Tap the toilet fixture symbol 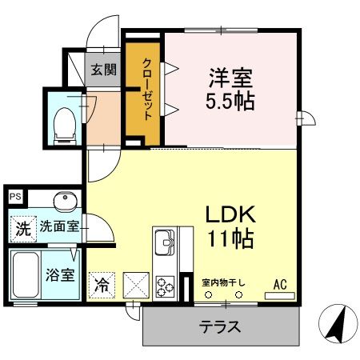coord(65,126)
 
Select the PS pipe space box coord(15,197)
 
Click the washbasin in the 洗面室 coord(66,202)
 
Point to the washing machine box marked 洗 coord(23,229)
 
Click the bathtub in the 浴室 coord(26,274)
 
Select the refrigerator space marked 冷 coord(102,285)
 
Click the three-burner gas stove coord(166,286)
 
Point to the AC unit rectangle coord(279,296)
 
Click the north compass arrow coord(337,324)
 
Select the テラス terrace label coord(220,326)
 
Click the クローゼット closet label coord(147,89)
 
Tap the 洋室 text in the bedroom coord(230,78)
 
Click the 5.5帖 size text coord(230,102)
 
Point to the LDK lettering coord(230,214)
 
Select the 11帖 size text coord(230,238)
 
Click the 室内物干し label coord(223,282)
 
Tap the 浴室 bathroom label coord(60,275)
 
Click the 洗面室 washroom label coord(59,226)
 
